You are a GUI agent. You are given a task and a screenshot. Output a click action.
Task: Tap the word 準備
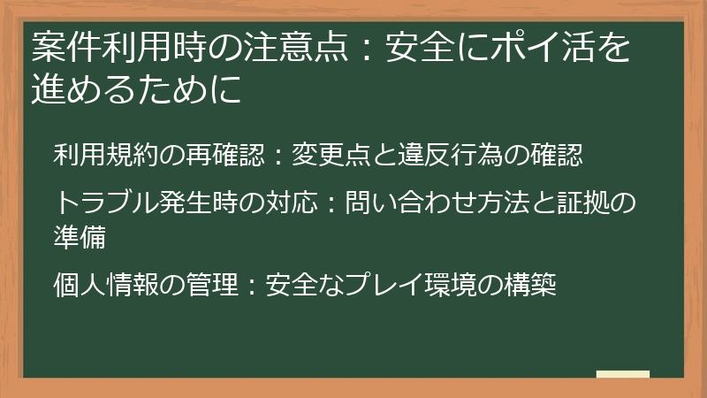[80, 237]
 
